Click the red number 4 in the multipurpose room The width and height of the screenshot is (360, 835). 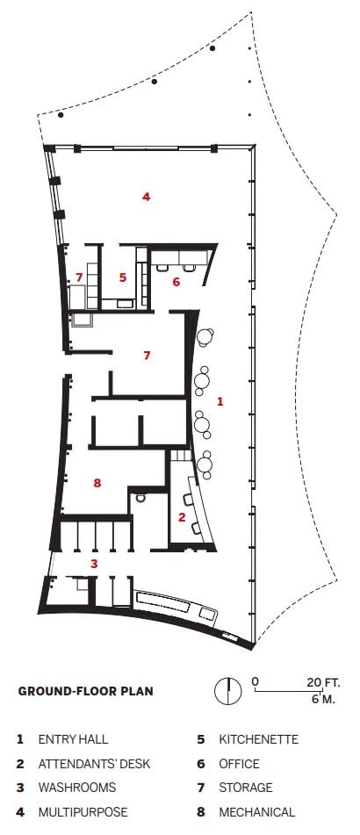click(x=146, y=197)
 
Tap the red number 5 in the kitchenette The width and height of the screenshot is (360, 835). click(x=123, y=277)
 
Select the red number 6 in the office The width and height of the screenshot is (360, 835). click(x=176, y=282)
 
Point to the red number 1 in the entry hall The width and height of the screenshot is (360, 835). click(x=220, y=401)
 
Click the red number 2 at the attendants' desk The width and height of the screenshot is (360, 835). click(x=182, y=516)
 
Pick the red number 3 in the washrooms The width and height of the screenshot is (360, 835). click(x=94, y=564)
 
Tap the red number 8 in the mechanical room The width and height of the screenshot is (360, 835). click(x=97, y=483)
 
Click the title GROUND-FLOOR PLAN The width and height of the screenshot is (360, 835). click(x=86, y=691)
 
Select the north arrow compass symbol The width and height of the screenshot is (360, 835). click(x=228, y=691)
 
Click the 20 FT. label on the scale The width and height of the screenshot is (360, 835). click(x=323, y=682)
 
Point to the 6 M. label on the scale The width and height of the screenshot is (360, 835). click(x=323, y=699)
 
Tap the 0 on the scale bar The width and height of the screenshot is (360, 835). click(x=256, y=682)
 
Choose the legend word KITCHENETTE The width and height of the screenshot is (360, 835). click(x=258, y=739)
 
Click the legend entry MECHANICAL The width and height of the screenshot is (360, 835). click(x=256, y=812)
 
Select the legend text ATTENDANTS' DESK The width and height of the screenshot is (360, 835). click(x=94, y=764)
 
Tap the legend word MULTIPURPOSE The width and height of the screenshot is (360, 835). click(x=83, y=812)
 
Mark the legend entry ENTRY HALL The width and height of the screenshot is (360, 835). click(x=73, y=739)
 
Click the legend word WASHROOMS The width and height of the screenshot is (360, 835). click(x=77, y=788)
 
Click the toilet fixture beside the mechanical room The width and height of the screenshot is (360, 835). click(x=140, y=499)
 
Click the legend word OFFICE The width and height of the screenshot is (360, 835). click(x=239, y=764)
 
